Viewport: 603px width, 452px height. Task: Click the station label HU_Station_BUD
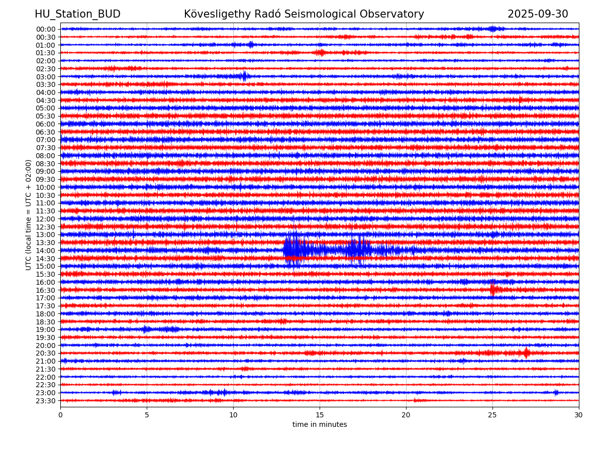[x=77, y=14]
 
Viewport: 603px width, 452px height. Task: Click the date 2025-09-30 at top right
[x=538, y=14]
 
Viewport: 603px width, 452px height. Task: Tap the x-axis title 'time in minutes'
[x=320, y=425]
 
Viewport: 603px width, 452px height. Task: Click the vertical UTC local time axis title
[x=29, y=214]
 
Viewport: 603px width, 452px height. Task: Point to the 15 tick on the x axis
[x=320, y=415]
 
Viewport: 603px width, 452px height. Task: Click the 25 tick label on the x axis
[x=492, y=415]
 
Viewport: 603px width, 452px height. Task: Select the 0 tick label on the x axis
[x=60, y=415]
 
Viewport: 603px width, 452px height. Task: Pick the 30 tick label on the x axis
[x=579, y=415]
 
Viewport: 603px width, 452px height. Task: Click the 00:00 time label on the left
[x=45, y=29]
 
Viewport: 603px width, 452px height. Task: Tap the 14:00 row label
[x=45, y=251]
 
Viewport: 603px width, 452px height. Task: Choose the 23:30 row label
[x=45, y=401]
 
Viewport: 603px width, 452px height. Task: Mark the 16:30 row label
[x=45, y=290]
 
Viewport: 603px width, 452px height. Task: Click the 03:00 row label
[x=45, y=76]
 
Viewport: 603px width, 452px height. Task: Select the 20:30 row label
[x=45, y=354]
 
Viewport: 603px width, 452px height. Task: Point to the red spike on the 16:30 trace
[x=492, y=289]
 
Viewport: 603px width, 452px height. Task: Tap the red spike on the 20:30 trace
[x=526, y=353]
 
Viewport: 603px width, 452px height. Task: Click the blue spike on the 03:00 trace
[x=244, y=76]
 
